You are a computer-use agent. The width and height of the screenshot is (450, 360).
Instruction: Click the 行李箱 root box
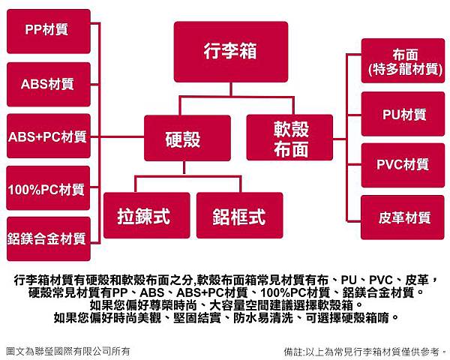(230, 51)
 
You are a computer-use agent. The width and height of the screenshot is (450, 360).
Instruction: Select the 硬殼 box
(182, 138)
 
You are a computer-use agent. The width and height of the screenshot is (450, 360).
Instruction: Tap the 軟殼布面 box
(290, 138)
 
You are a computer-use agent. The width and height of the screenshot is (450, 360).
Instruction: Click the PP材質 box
(47, 31)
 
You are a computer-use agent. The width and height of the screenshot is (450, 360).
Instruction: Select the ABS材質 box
(47, 84)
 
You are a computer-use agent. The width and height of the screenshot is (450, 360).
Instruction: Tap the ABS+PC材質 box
(47, 136)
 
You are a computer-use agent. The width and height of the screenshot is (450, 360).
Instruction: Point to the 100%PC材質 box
(47, 189)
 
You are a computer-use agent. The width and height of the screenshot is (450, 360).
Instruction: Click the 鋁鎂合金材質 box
(47, 239)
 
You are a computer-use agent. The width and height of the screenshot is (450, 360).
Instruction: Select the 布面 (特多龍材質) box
(403, 61)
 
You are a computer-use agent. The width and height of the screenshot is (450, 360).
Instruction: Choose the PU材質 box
(403, 115)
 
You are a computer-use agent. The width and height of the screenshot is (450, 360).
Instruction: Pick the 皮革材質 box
(403, 218)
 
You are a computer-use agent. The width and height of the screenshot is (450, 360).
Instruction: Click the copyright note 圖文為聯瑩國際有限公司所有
(67, 349)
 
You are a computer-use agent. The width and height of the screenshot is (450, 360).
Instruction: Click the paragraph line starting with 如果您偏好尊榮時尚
(224, 304)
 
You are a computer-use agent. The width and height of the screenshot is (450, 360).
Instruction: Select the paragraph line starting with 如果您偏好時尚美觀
(224, 317)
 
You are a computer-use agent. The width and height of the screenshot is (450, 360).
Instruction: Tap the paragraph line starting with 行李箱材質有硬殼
(224, 279)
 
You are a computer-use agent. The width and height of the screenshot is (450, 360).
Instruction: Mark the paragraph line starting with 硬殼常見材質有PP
(224, 292)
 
